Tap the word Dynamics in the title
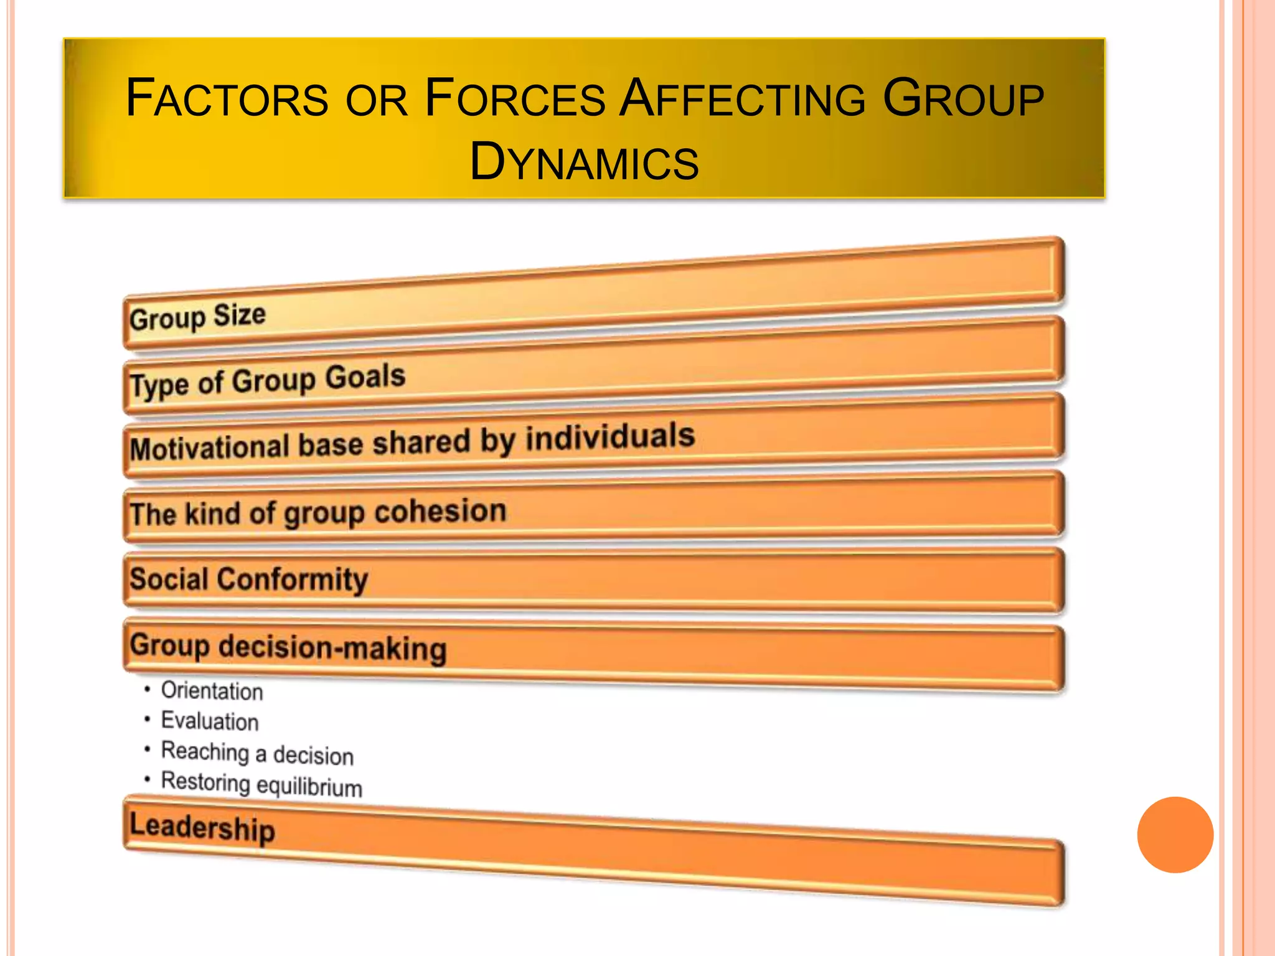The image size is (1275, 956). [584, 162]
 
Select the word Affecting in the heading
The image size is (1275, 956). [743, 98]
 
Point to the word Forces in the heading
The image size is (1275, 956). [514, 98]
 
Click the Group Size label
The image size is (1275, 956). [197, 317]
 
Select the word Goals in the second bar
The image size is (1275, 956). [365, 377]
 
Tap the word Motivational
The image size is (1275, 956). [210, 448]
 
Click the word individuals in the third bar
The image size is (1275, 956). [610, 436]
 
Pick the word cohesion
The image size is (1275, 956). [440, 512]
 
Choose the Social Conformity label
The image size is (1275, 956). [248, 579]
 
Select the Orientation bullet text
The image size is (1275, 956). [212, 691]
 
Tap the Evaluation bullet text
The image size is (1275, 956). [210, 721]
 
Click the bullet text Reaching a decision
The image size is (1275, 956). [257, 753]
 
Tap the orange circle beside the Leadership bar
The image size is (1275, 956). [1175, 835]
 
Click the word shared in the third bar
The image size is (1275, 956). [421, 443]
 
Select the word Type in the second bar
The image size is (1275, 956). [159, 384]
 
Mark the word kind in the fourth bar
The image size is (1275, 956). [212, 514]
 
